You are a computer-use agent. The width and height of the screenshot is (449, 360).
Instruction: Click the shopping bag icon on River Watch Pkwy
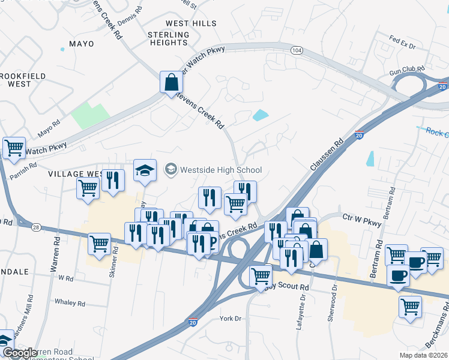[171, 82]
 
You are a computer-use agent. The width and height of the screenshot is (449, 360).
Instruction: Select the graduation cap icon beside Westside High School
[144, 171]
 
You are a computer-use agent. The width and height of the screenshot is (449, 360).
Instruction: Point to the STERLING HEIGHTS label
[168, 39]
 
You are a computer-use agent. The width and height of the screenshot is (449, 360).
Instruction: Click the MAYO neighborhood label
[82, 44]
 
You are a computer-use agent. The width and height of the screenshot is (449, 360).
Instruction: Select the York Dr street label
[230, 318]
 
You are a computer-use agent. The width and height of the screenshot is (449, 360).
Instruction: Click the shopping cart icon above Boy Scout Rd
[261, 275]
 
